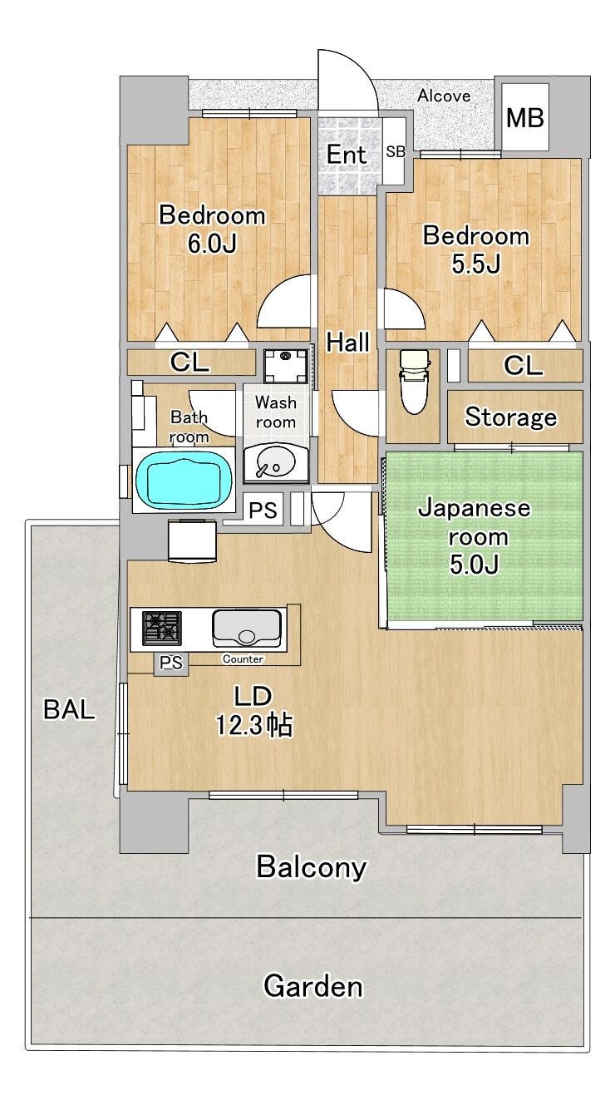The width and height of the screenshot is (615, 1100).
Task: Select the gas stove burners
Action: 161,628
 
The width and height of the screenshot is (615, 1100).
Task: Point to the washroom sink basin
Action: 275,462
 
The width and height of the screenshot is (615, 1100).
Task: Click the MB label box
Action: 524,117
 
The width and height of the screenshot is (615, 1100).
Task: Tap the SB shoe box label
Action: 396,152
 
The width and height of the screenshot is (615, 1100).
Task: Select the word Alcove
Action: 444,96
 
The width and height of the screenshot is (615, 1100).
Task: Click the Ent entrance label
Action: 347,155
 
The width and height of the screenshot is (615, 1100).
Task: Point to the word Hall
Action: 347,342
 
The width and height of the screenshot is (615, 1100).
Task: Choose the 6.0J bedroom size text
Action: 212,244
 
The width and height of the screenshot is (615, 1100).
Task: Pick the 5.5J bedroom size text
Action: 475,264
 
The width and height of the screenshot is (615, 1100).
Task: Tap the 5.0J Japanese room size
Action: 475,565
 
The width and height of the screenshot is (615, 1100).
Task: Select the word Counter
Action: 243,659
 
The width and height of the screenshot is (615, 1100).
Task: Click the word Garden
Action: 313,985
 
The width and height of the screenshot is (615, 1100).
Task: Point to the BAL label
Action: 69,709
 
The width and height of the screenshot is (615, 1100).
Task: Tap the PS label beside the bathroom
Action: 263,511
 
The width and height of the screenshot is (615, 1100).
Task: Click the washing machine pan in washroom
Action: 286,366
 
